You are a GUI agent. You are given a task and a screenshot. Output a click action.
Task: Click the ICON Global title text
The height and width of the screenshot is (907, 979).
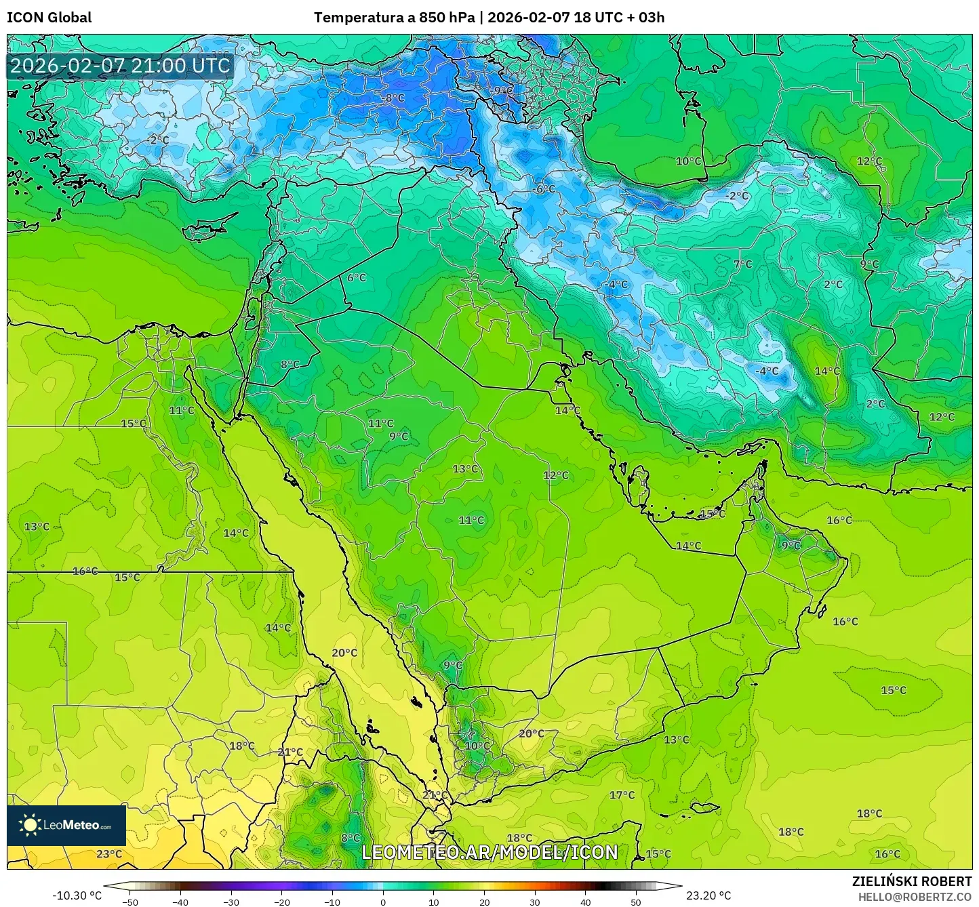coord(49,18)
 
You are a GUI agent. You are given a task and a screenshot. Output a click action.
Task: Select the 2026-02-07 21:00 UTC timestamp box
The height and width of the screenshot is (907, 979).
coord(120,66)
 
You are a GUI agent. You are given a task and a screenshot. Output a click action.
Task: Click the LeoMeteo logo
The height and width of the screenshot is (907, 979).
coord(66,825)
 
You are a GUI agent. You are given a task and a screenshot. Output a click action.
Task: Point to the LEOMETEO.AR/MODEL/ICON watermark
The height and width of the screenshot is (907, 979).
coord(489,852)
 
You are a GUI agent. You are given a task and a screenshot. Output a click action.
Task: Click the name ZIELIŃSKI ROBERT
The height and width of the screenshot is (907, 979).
coord(911,881)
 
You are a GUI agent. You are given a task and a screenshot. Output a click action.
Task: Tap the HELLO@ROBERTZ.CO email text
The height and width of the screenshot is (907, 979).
coord(915,897)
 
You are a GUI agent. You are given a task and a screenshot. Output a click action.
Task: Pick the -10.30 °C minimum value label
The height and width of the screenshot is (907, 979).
coord(77,895)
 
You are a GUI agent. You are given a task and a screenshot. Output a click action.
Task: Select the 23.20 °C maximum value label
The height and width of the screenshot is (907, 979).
coord(708,895)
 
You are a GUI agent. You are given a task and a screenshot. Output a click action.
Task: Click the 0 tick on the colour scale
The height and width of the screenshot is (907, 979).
coord(383,902)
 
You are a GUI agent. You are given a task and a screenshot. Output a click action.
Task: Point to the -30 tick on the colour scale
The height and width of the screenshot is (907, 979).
coord(231,902)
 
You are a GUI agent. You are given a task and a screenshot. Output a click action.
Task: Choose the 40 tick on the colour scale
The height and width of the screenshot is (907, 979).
coord(585,902)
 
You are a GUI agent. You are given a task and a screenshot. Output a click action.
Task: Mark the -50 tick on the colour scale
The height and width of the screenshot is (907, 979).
coord(129,902)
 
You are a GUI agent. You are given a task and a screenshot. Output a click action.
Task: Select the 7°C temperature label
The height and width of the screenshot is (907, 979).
coord(742,264)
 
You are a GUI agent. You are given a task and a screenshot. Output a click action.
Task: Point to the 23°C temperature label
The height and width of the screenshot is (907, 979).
coord(109,853)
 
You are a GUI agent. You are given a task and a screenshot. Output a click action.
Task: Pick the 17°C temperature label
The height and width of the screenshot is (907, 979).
coord(622,795)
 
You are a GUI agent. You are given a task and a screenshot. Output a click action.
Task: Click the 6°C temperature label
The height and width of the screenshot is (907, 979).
coord(356,278)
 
